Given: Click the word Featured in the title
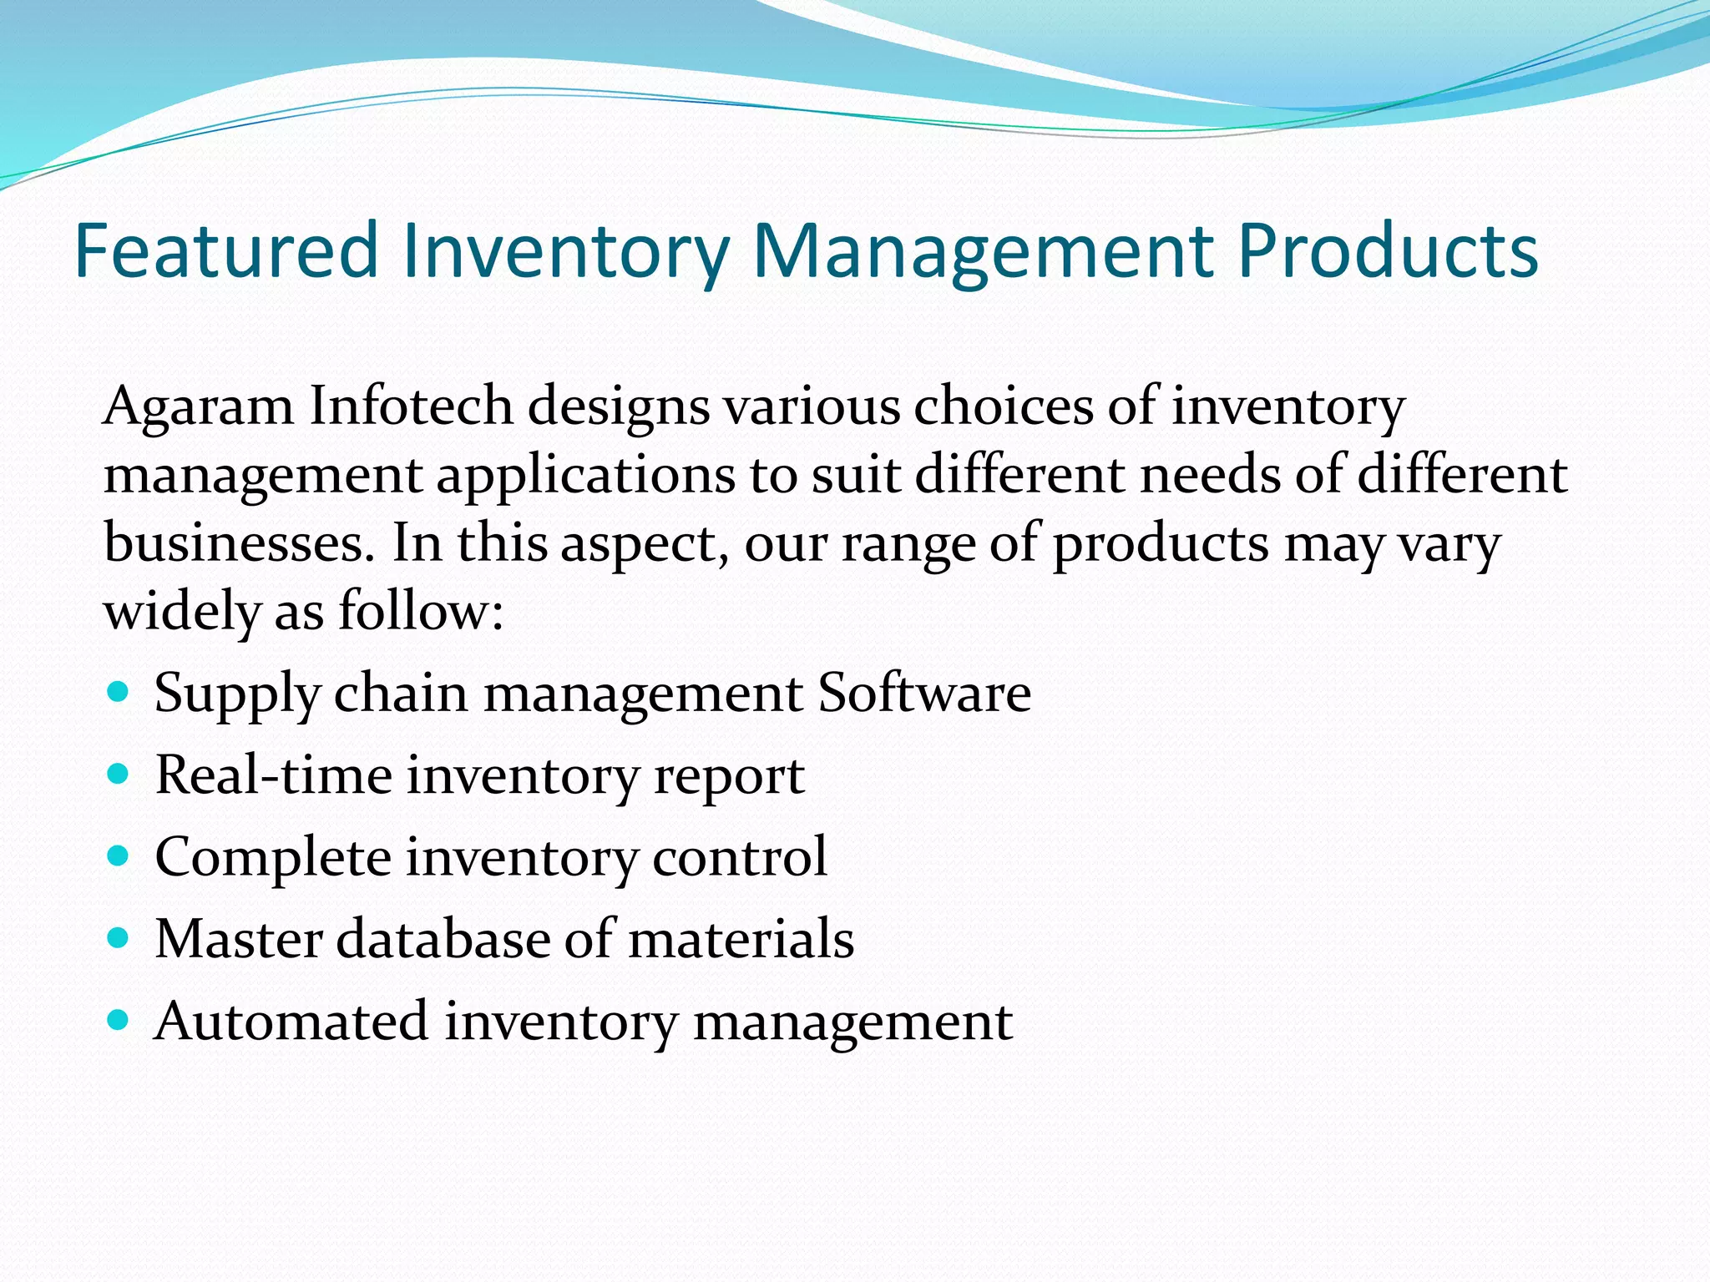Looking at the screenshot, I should (x=226, y=250).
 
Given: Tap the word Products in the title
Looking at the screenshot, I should (x=1387, y=250).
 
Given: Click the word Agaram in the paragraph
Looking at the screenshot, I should (x=198, y=407).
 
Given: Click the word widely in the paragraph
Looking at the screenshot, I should (x=181, y=611).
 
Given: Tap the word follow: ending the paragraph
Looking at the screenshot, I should (x=421, y=611).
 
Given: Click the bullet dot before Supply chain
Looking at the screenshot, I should (x=119, y=692).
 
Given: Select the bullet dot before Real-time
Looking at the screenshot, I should (x=119, y=774).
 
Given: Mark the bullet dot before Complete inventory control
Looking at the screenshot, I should (x=119, y=856).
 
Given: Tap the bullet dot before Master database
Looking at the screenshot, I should (x=119, y=937).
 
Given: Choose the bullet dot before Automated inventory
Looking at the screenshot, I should (x=119, y=1019).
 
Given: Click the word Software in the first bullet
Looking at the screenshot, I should (x=923, y=693).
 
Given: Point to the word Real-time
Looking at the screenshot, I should (x=273, y=775).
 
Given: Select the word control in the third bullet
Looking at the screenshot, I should (x=739, y=856).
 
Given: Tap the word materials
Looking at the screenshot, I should (x=741, y=938).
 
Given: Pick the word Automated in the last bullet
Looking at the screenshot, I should (x=291, y=1020).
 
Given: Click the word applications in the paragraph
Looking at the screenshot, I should (x=586, y=476).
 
